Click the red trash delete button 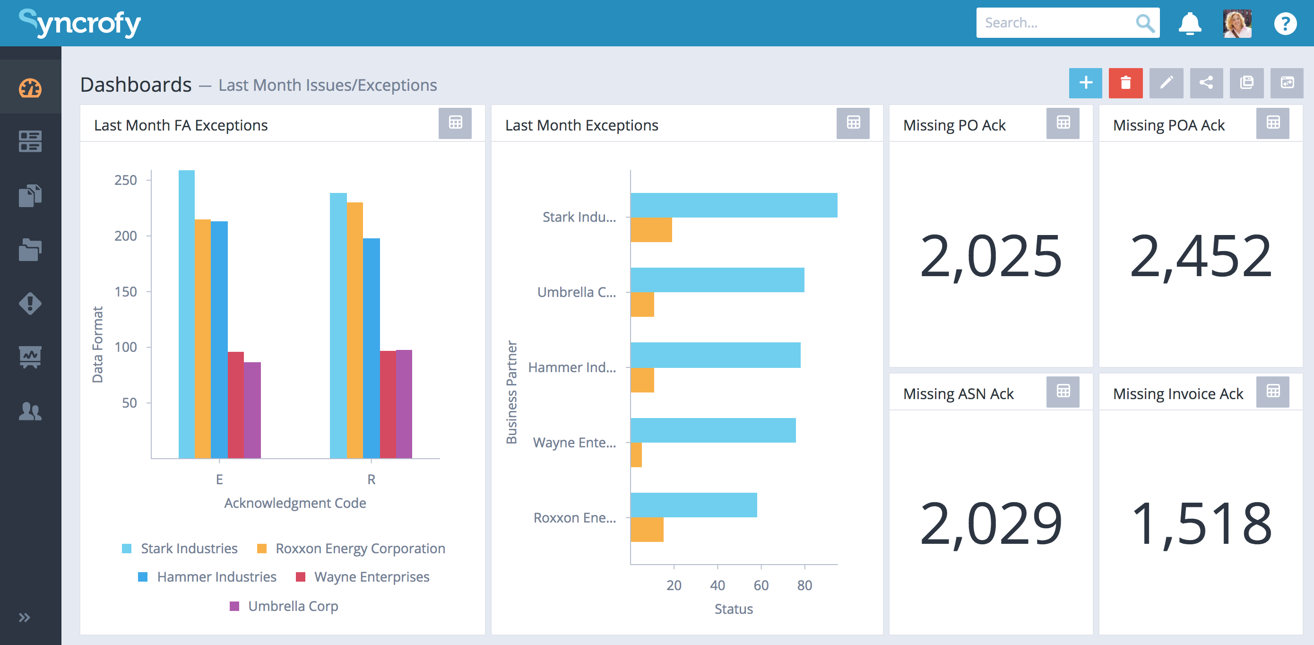(1125, 83)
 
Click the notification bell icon (1189, 24)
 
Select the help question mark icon (1284, 24)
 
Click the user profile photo (1236, 24)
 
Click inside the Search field (1056, 23)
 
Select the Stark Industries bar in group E (186, 314)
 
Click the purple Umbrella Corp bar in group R (404, 404)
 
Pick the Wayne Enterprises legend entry (372, 576)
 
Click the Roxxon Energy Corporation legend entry (360, 548)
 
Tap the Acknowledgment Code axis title (295, 503)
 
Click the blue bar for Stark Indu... (733, 205)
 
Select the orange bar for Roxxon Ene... (647, 530)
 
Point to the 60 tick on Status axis (761, 585)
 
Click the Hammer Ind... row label (572, 367)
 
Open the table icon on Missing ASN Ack (1063, 392)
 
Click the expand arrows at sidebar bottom (24, 618)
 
